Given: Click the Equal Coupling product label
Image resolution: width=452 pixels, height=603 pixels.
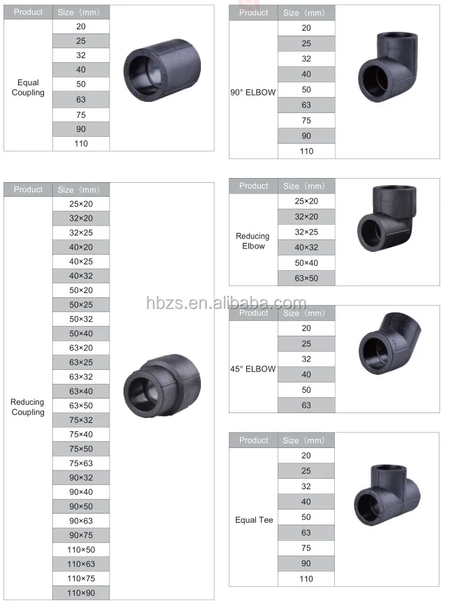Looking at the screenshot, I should [28, 88].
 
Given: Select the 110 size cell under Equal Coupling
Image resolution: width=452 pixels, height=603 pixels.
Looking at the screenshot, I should [81, 144].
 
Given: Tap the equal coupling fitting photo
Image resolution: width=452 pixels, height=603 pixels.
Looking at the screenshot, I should [162, 68].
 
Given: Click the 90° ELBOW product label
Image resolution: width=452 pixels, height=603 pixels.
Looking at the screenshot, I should [253, 91].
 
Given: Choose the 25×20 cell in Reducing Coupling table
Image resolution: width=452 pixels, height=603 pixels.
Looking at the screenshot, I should [81, 204].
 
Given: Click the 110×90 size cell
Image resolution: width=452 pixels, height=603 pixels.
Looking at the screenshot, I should [81, 593].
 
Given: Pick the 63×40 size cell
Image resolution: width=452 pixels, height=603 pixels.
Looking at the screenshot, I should [81, 391].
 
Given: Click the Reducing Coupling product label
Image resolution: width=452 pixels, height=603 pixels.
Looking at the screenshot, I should [28, 407].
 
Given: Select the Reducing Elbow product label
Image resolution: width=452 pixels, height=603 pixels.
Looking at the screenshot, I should [253, 241].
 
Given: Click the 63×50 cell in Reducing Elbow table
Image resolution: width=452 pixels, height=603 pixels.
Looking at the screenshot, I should [306, 278].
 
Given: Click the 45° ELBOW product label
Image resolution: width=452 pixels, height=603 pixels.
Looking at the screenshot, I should [253, 368].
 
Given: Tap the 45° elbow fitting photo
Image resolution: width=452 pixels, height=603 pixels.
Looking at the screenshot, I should [388, 344].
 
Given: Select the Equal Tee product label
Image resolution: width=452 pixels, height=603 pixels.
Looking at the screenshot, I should [254, 520].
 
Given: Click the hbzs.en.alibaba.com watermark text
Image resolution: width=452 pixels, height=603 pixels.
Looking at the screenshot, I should [226, 304].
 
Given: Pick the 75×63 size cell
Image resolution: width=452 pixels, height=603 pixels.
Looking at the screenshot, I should [81, 463].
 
